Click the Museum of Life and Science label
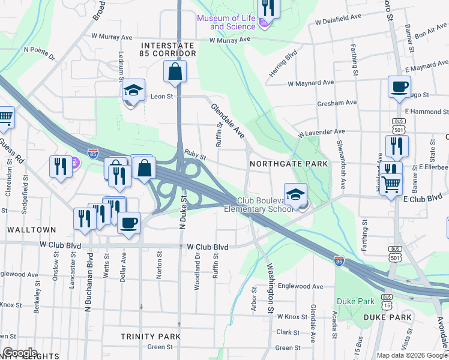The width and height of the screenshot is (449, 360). point(226,22)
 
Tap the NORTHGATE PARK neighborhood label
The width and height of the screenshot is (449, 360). point(289,164)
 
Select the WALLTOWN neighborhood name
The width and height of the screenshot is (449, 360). point(31,230)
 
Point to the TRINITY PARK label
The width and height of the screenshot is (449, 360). point(150,337)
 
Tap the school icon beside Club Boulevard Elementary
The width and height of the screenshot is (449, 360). point(295,195)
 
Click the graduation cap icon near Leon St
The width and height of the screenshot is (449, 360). point(133,91)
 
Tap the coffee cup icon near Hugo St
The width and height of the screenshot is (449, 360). point(399,87)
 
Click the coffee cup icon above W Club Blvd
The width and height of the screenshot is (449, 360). point(128,224)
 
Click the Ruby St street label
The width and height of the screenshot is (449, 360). point(195,154)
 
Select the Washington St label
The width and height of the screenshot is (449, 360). point(271,291)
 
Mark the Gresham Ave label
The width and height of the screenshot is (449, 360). point(337,103)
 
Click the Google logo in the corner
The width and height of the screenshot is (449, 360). point(19,353)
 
